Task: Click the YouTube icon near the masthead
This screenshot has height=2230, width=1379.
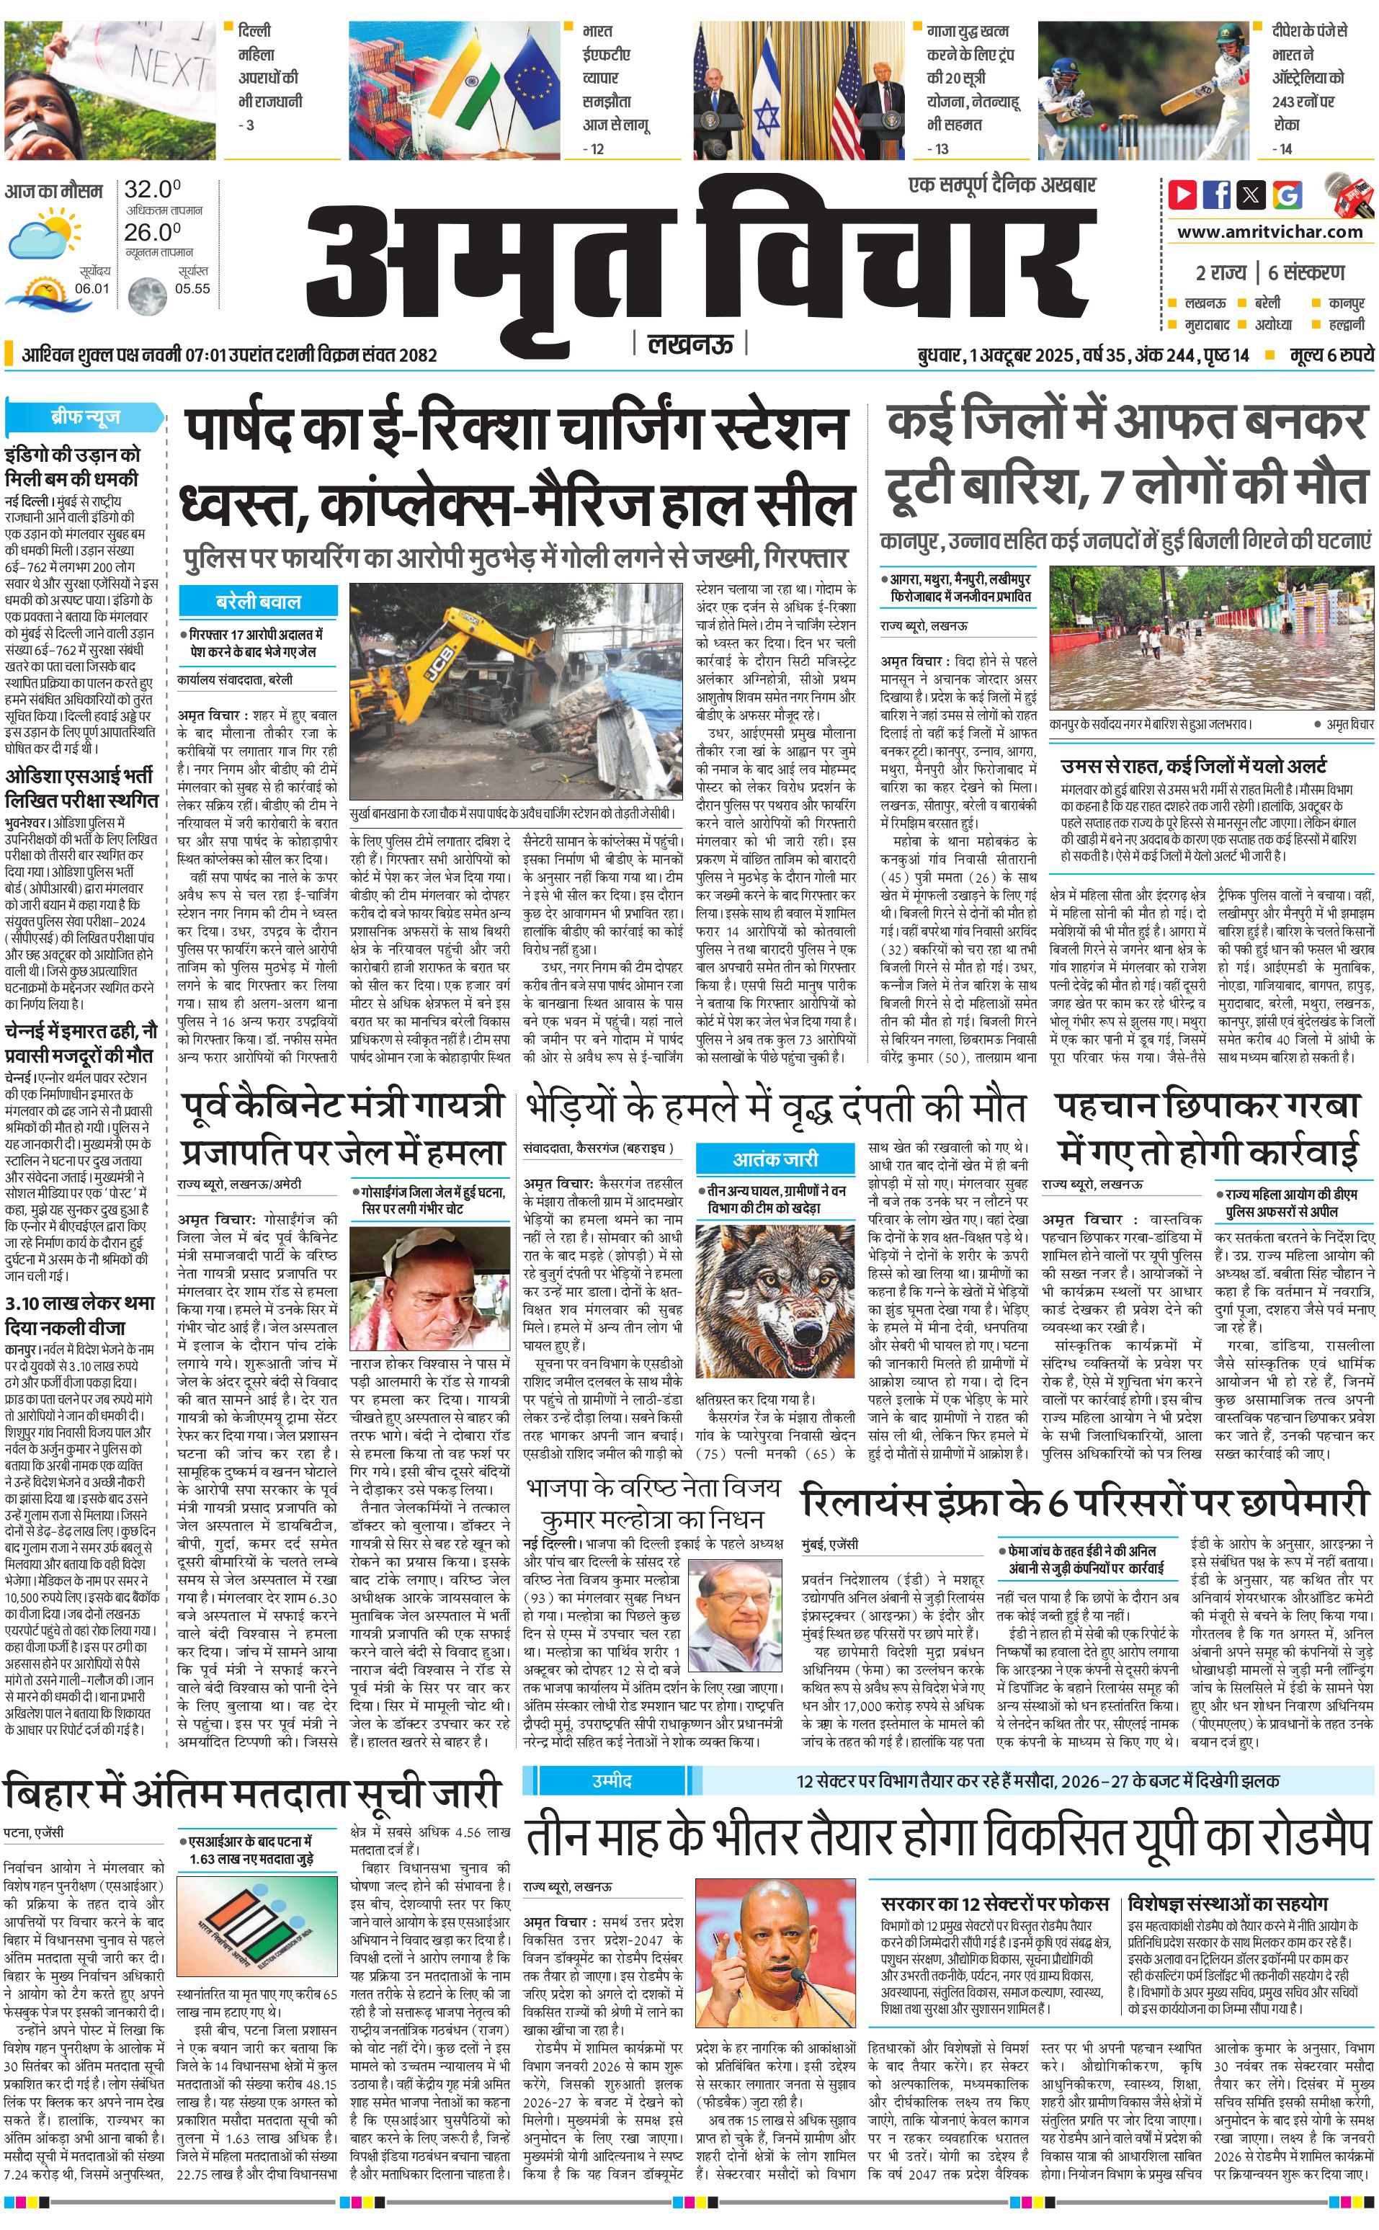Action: (x=1182, y=195)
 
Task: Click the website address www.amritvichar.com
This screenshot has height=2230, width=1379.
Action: (x=1269, y=232)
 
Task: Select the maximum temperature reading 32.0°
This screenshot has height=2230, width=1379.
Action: (x=152, y=189)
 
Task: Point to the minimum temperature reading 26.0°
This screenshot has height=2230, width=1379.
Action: (x=152, y=233)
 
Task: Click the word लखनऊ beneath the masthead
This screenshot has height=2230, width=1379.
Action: (x=689, y=344)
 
